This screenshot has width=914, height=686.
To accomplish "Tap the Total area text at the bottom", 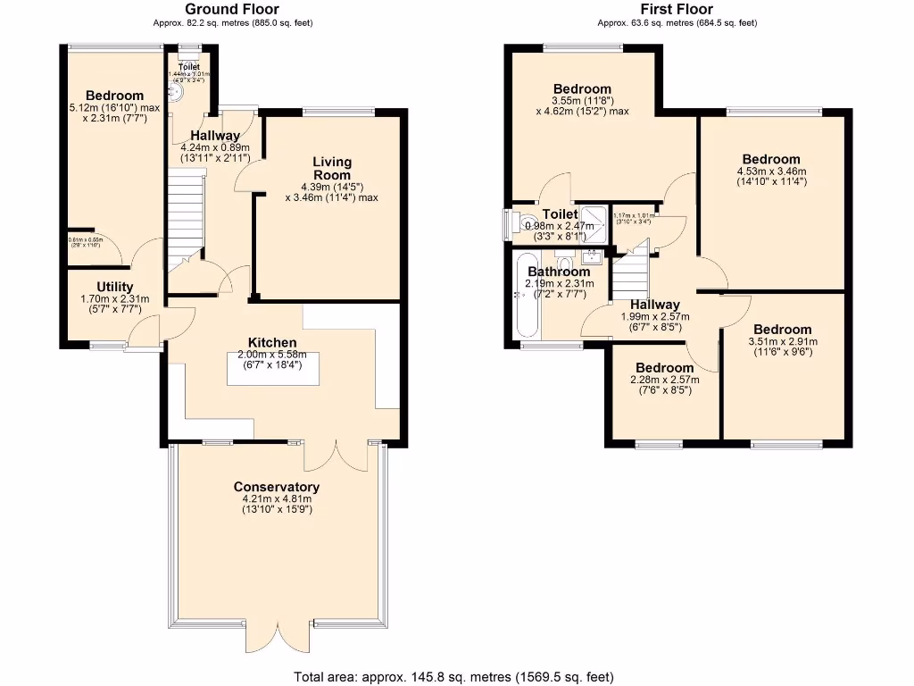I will (x=454, y=676).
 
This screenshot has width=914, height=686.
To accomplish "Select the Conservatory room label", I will (x=276, y=487).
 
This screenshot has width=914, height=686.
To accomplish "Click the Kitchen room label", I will (x=273, y=343).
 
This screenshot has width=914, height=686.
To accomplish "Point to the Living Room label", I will (x=331, y=169).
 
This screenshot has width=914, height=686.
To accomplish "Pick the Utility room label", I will (x=115, y=287).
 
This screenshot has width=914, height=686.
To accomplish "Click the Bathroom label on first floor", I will (x=558, y=272).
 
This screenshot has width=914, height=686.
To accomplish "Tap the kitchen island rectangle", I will (x=273, y=369).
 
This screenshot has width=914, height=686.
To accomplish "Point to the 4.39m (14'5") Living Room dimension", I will (x=331, y=188).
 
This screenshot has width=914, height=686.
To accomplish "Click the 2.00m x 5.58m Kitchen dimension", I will (x=273, y=355).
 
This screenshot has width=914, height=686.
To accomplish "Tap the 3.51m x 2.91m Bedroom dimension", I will (x=781, y=341).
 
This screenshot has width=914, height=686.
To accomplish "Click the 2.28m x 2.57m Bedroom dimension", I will (x=664, y=380).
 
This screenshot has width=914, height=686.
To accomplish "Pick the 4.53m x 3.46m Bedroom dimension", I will (x=771, y=171).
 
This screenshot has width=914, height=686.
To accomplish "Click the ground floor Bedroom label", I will (x=114, y=96).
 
